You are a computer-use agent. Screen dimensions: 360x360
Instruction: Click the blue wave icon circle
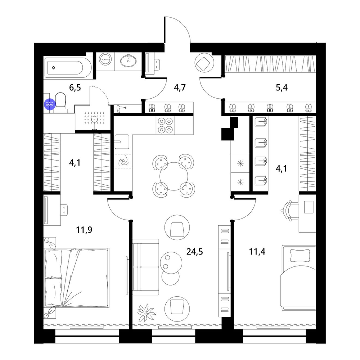(x=50, y=104)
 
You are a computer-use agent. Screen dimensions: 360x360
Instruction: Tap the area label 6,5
(x=75, y=87)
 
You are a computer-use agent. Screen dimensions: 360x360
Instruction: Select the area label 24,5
(x=194, y=252)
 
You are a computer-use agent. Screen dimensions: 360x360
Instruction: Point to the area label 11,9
(x=84, y=230)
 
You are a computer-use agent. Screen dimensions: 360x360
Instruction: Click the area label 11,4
(x=257, y=252)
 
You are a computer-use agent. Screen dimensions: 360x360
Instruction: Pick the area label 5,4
(x=282, y=87)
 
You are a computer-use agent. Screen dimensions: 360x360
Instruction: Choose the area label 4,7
(x=180, y=87)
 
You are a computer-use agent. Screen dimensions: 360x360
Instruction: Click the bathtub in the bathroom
(x=68, y=68)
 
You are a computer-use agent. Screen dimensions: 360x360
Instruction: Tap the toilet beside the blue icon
(x=60, y=103)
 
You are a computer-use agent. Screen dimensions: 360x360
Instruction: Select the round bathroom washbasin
(x=129, y=60)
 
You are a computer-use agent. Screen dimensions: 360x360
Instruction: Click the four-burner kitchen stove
(x=165, y=125)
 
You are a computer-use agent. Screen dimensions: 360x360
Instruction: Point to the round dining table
(x=174, y=176)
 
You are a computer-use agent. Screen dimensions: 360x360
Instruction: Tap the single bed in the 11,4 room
(x=298, y=278)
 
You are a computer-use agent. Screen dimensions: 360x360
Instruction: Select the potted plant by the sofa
(x=146, y=313)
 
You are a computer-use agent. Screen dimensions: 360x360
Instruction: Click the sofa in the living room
(x=146, y=267)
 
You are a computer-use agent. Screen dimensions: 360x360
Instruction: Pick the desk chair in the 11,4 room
(x=290, y=211)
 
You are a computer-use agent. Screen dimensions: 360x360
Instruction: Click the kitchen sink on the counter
(x=122, y=141)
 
